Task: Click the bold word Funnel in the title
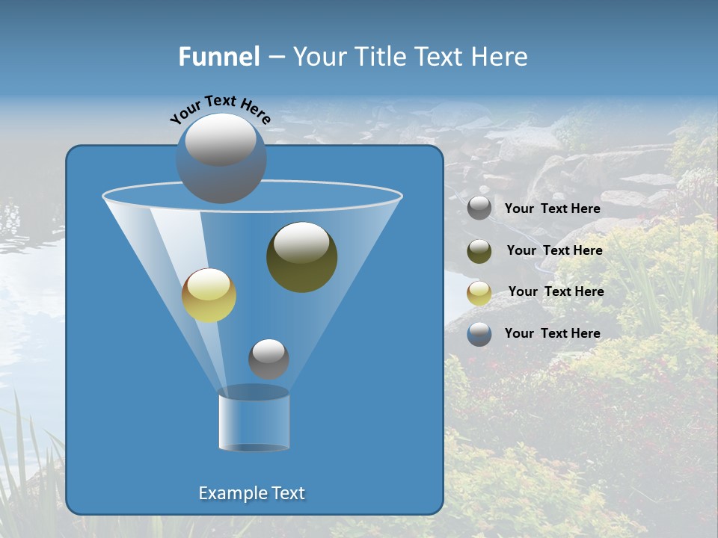tap(219, 57)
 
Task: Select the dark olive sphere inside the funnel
tap(301, 257)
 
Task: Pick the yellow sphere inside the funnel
tap(209, 295)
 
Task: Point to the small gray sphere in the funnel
tap(269, 359)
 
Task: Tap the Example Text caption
tap(251, 493)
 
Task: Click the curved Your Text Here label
tap(220, 108)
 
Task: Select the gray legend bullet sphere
tap(479, 208)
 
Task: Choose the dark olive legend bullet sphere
tap(479, 251)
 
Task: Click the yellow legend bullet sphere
tap(479, 293)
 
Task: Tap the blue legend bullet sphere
tap(479, 334)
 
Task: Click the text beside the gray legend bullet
tap(552, 209)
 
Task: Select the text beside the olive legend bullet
tap(554, 251)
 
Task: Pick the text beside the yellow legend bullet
tap(556, 292)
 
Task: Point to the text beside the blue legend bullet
tap(552, 334)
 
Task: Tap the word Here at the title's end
tap(500, 57)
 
